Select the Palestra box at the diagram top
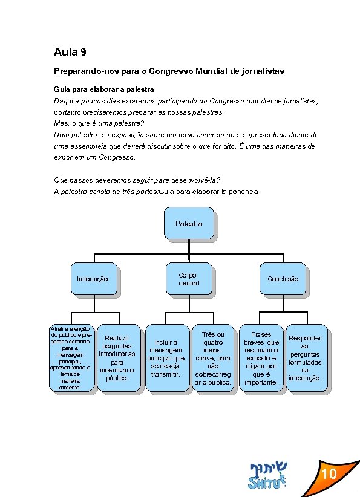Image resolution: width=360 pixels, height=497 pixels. click(x=189, y=224)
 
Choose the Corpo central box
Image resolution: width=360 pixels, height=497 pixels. click(x=188, y=279)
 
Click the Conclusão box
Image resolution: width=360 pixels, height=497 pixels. click(x=283, y=279)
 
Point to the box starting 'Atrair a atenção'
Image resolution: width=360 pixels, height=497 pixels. click(x=71, y=358)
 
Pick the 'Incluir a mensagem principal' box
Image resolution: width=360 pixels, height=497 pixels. click(x=166, y=358)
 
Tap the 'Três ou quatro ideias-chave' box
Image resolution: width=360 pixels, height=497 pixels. click(x=212, y=358)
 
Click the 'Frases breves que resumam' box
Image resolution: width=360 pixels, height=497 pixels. click(x=261, y=358)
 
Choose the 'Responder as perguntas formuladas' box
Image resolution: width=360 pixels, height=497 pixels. click(x=305, y=358)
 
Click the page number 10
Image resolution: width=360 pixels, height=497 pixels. click(x=329, y=473)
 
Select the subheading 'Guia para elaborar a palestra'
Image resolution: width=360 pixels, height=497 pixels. click(x=103, y=89)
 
